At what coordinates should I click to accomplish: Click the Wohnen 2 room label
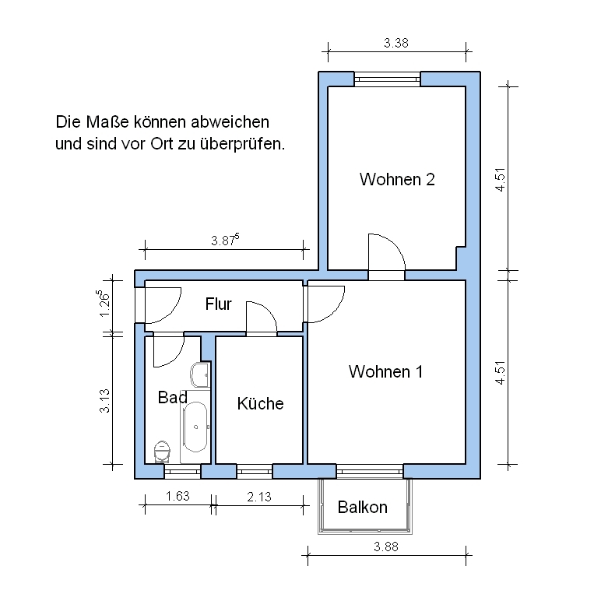(397, 179)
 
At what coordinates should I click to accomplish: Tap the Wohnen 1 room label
(385, 371)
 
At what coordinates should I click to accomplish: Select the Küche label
(260, 403)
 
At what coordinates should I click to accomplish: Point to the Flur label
(218, 304)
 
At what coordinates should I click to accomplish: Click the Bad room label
(172, 397)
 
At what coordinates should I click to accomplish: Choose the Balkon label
(363, 508)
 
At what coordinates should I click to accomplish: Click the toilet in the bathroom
(162, 452)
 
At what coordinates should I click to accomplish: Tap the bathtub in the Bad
(195, 427)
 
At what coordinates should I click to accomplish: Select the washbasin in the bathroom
(199, 374)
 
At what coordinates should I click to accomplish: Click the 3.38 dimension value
(396, 43)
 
